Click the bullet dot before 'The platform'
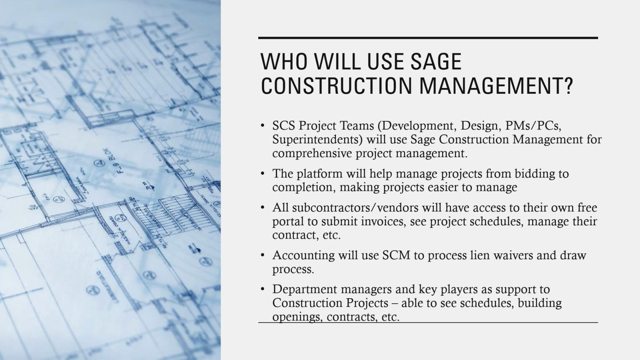click(x=262, y=174)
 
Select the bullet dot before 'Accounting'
click(x=262, y=255)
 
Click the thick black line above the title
click(x=428, y=38)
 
